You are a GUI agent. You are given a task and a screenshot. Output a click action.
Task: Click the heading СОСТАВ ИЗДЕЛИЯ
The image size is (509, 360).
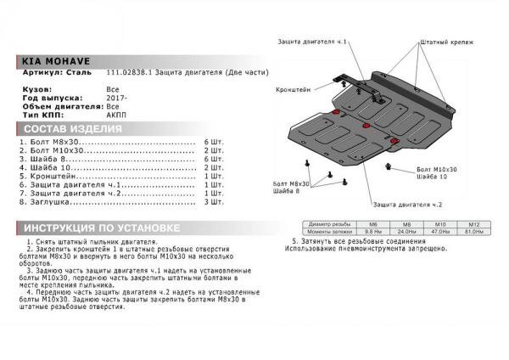pos(72,129)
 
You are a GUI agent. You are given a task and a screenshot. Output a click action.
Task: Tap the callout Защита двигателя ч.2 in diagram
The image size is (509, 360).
pos(407,205)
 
